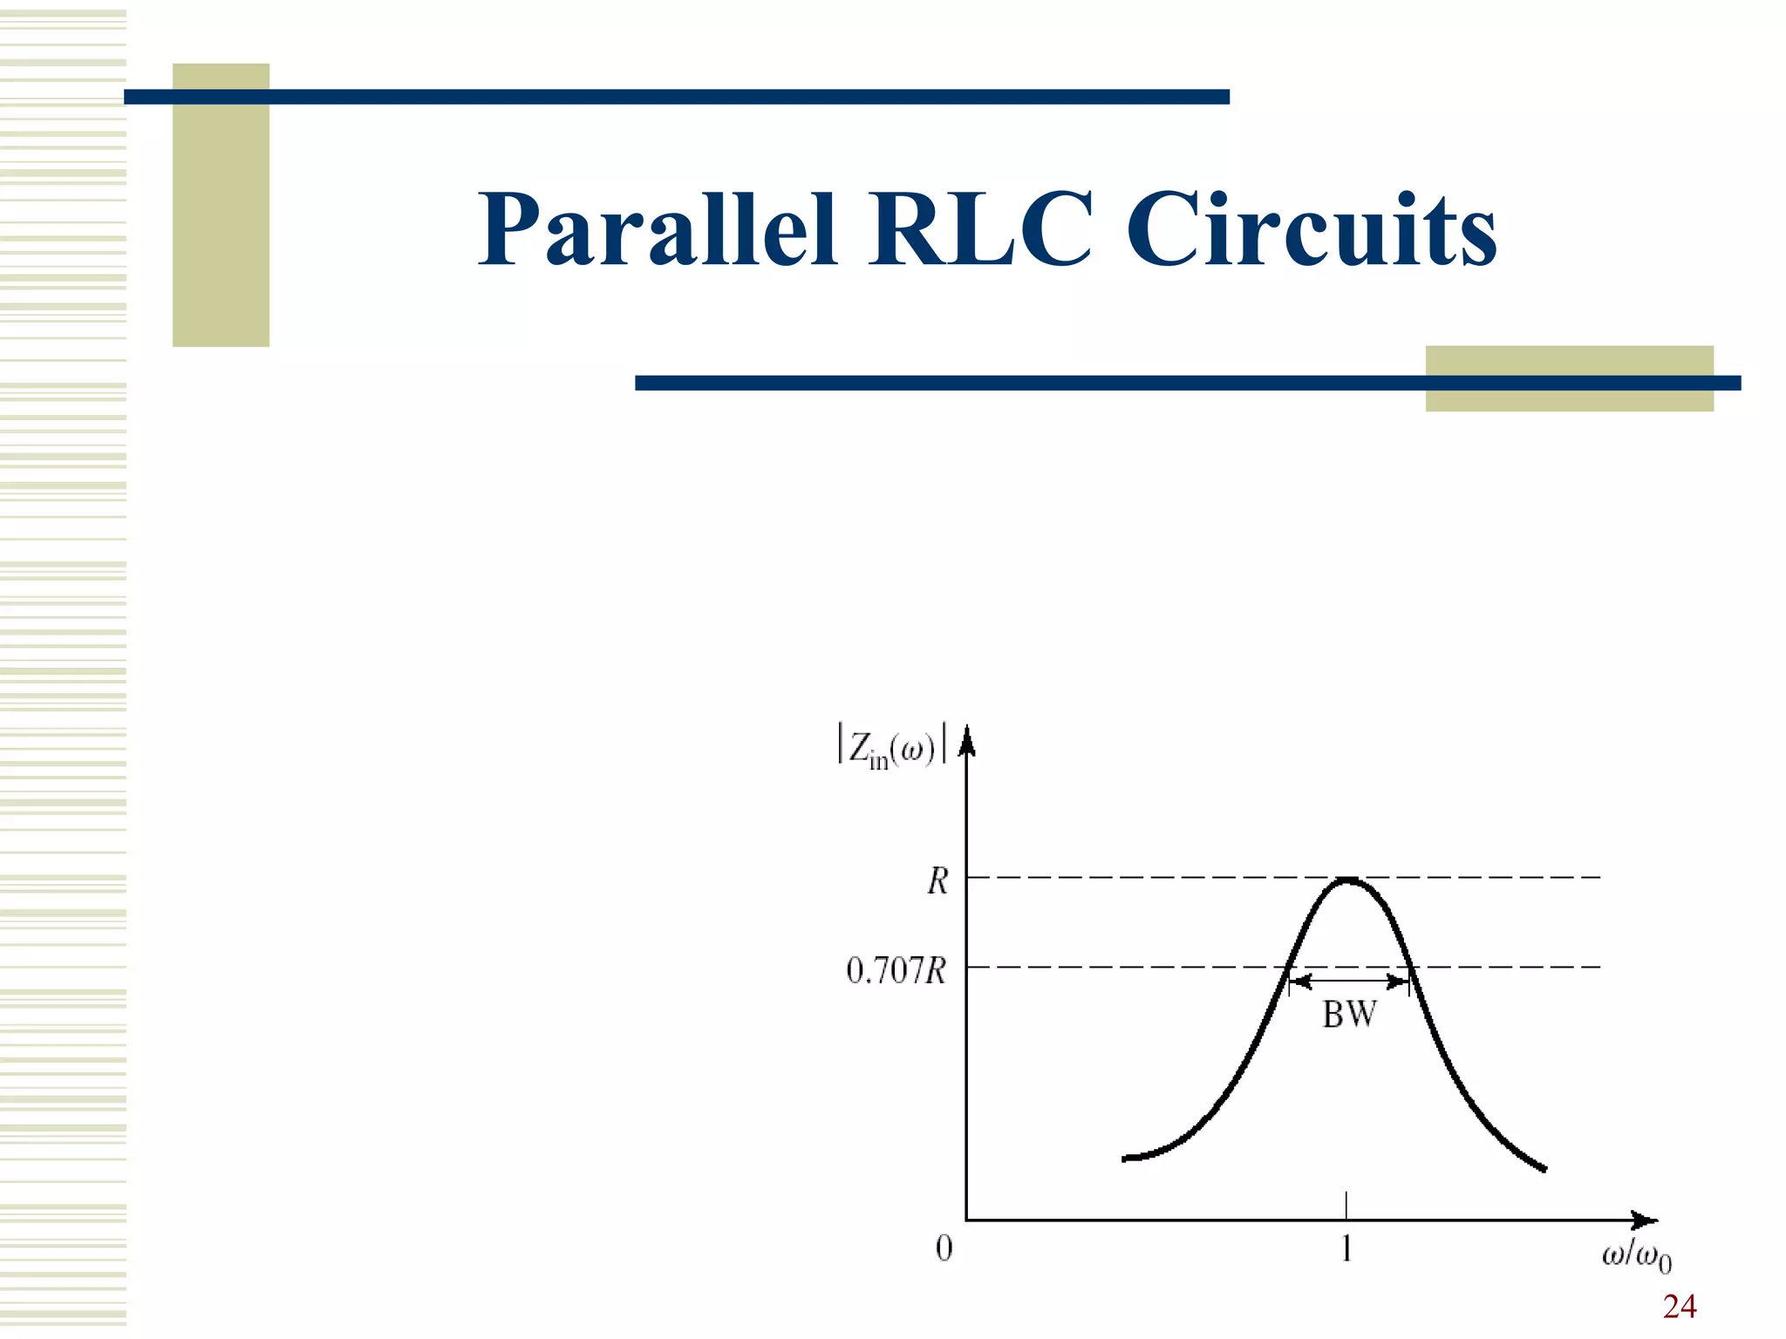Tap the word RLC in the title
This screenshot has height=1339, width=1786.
pos(979,228)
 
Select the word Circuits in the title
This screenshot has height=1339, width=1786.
pos(1311,228)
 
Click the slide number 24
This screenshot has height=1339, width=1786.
pos(1679,1307)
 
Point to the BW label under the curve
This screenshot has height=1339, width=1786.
pos(1349,1015)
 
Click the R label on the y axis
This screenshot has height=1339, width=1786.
pos(937,881)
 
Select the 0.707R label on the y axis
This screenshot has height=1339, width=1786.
pos(896,970)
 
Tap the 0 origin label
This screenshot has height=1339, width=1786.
pos(944,1248)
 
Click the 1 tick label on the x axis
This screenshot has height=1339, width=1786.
pos(1347,1249)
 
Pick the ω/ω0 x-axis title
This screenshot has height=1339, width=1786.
pos(1636,1257)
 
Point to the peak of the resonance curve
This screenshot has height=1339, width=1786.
pos(1348,880)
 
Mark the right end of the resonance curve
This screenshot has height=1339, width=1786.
pos(1544,1168)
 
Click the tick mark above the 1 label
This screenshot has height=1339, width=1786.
pos(1347,1206)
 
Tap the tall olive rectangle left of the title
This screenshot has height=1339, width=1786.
pos(221,205)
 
